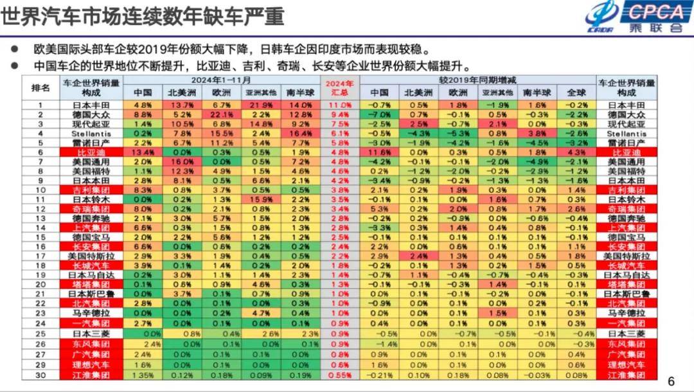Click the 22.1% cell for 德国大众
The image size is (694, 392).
point(220,114)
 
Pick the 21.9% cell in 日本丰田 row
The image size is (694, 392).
point(261,105)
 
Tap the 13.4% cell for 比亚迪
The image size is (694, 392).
point(142,153)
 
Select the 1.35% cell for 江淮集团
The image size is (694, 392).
point(142,375)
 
